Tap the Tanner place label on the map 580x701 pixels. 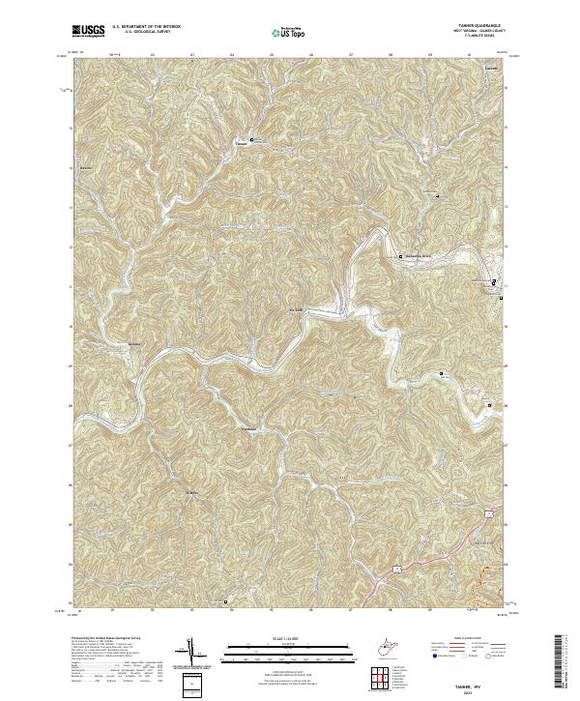241,145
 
